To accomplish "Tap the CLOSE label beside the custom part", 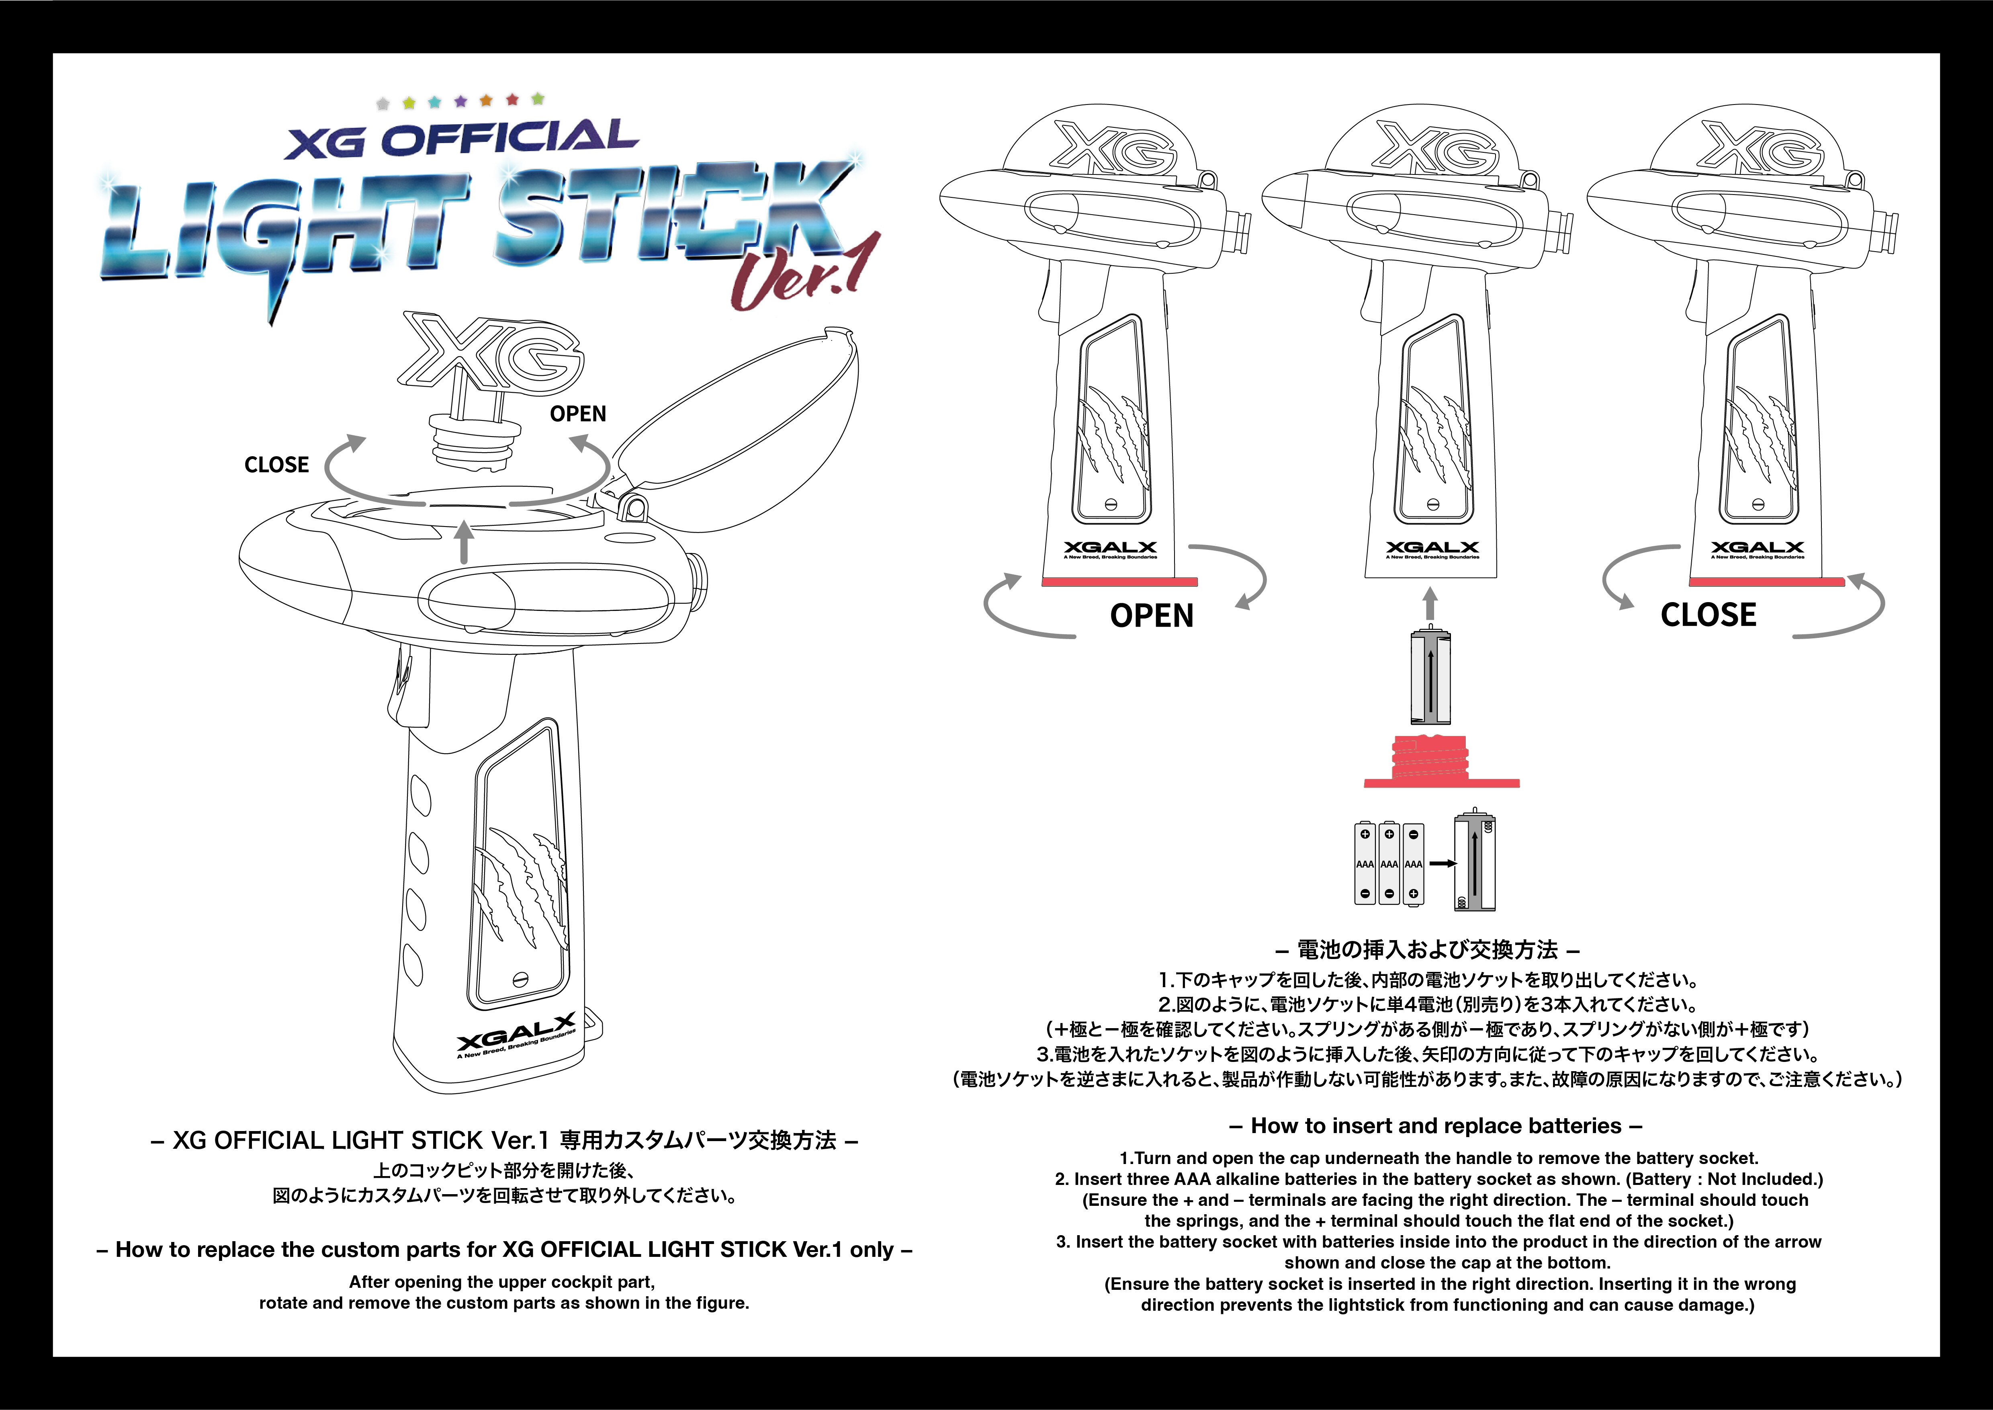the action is pos(276,465).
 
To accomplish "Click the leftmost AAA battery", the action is pos(1365,864).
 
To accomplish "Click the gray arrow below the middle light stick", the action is pos(1430,603).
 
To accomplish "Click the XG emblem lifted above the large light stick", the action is pos(491,352).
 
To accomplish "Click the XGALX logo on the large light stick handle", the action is pos(516,1033).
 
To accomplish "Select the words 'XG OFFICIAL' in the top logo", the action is pos(462,139).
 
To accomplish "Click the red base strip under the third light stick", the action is pos(1766,582).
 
